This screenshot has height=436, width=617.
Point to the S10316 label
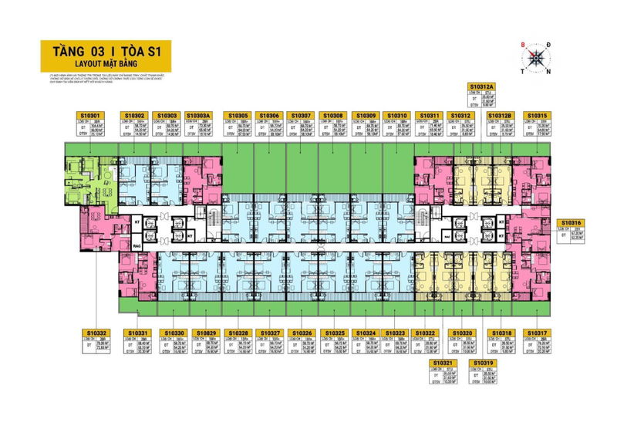[x=572, y=222]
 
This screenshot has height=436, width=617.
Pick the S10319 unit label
[x=484, y=362]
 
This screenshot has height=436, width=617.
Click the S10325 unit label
[x=334, y=333]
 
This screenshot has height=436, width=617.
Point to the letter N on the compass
[x=549, y=73]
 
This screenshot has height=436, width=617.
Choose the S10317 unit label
[x=537, y=333]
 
